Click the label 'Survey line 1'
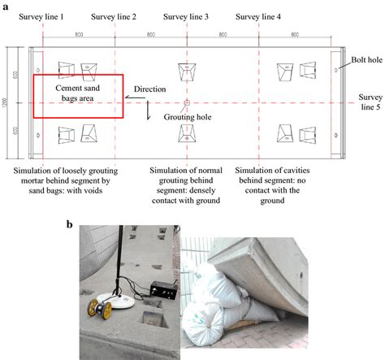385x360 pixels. pos(41,17)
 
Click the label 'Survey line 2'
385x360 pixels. pos(113,17)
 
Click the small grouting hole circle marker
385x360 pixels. pos(186,103)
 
